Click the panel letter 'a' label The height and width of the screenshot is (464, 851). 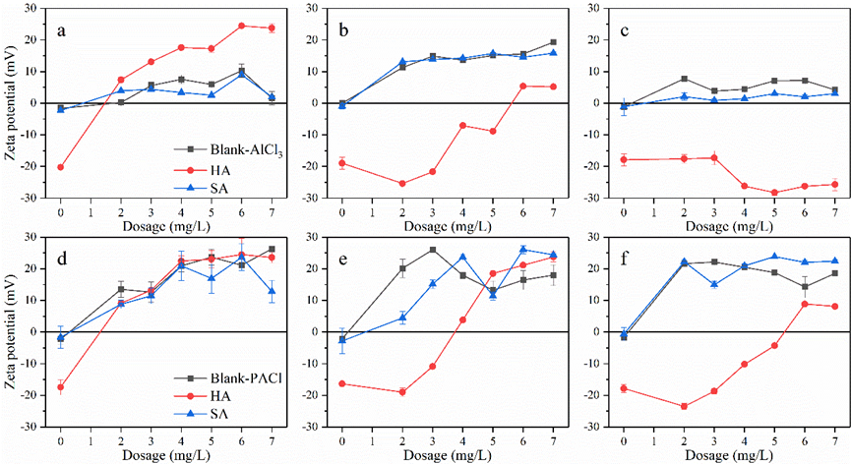click(x=61, y=29)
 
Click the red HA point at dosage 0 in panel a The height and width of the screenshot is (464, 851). click(x=61, y=167)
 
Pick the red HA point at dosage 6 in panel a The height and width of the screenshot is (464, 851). click(x=241, y=26)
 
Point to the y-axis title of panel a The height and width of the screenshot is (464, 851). click(x=11, y=102)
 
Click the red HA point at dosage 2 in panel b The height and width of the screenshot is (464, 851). click(x=402, y=184)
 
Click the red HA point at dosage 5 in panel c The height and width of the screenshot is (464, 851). click(x=774, y=193)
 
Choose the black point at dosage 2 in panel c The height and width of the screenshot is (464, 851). click(x=684, y=79)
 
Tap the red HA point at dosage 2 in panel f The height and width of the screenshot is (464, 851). click(x=684, y=406)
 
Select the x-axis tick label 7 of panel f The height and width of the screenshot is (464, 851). click(x=834, y=442)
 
